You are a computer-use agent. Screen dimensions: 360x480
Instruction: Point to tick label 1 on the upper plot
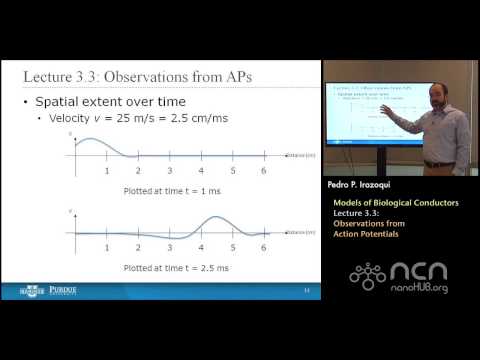click(107, 171)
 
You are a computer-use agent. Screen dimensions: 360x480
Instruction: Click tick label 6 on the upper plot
click(263, 171)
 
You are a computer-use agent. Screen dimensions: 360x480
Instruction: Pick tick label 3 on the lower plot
click(170, 247)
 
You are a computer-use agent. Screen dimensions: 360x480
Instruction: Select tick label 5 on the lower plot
click(232, 247)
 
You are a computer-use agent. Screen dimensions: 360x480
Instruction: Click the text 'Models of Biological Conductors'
click(396, 203)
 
